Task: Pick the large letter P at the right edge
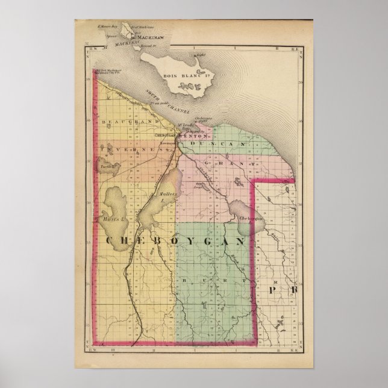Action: (274, 290)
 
